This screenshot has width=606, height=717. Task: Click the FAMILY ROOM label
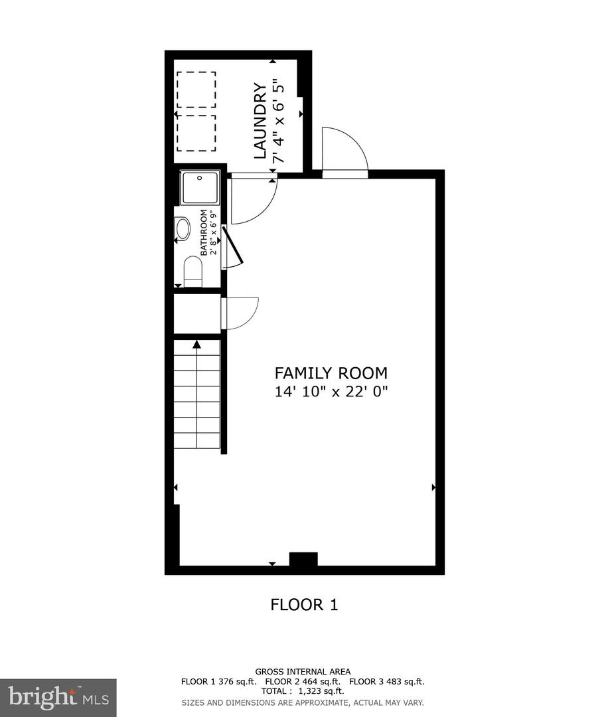point(331,373)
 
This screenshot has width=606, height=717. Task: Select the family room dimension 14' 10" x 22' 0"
point(331,392)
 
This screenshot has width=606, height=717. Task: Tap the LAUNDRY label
point(260,121)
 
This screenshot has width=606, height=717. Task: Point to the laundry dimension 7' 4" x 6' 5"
point(279,121)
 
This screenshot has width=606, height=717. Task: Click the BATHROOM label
point(204,232)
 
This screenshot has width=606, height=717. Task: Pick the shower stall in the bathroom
point(200,187)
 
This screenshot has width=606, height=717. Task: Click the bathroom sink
point(183,229)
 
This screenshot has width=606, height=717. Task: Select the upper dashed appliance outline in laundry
point(196,90)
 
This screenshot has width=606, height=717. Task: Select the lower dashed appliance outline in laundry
point(196,133)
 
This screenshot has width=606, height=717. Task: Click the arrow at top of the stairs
point(196,345)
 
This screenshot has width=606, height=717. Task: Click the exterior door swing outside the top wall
point(342,150)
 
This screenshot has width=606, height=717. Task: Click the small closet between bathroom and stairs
point(196,313)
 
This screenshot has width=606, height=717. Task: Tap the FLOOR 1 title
point(304,605)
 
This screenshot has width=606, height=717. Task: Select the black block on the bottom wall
point(303,559)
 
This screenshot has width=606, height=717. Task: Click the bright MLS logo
point(58,698)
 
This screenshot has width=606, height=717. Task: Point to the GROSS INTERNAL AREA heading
point(303,672)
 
